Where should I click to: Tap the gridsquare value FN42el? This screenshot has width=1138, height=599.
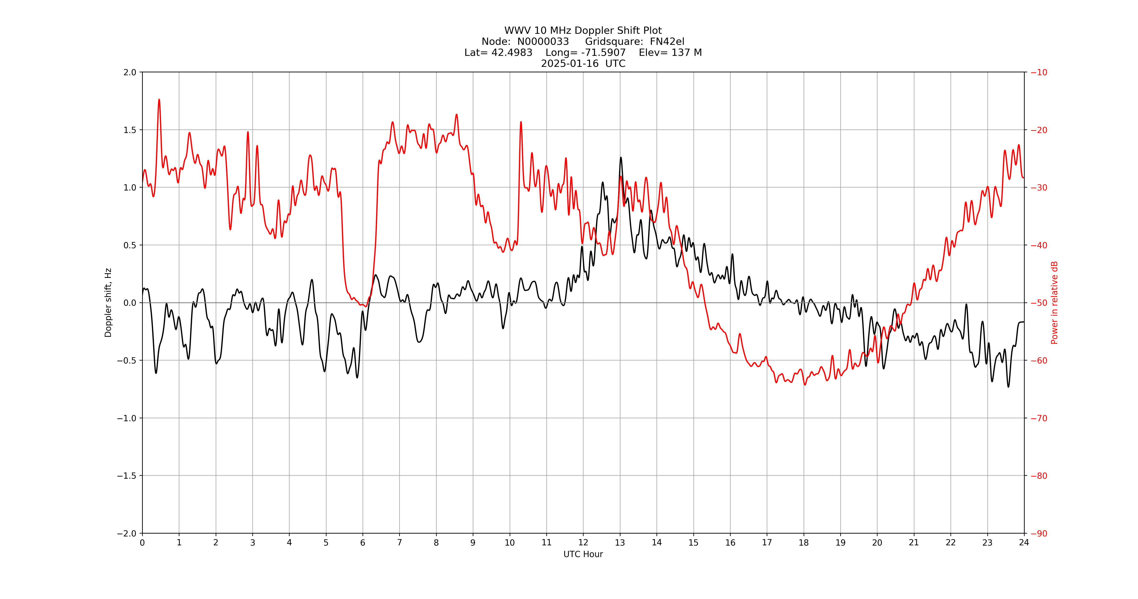[x=667, y=41]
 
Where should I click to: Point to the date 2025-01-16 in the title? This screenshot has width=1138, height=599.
[x=570, y=63]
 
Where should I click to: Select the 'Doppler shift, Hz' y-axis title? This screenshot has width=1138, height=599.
[x=108, y=303]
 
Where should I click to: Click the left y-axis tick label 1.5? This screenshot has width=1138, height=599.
[x=130, y=130]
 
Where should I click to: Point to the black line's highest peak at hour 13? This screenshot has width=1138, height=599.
[x=621, y=158]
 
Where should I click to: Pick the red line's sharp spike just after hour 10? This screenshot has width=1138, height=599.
[x=521, y=122]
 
